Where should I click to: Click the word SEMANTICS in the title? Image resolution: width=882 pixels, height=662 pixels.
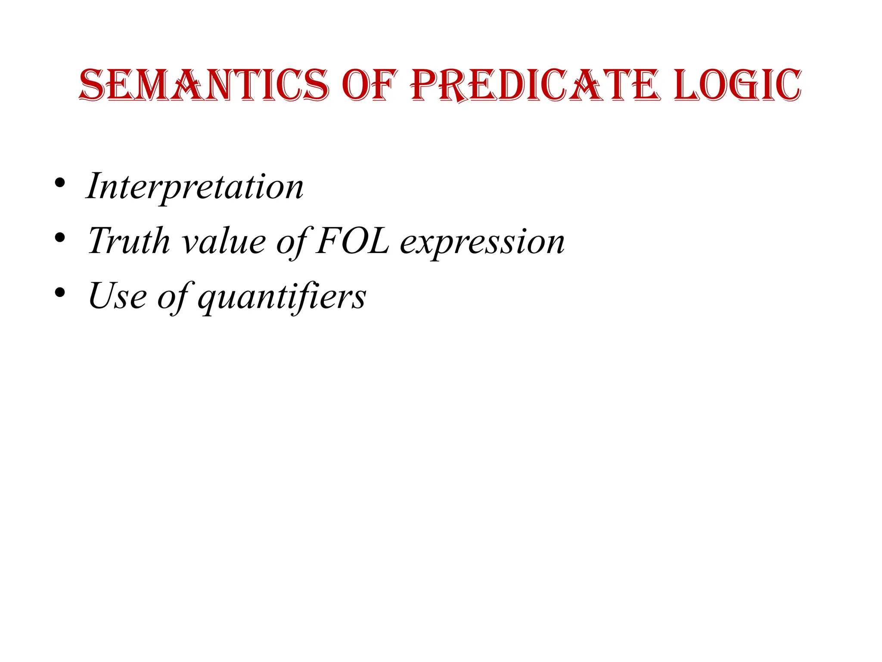tap(204, 85)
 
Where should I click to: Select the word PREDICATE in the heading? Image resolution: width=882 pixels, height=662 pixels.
tap(535, 85)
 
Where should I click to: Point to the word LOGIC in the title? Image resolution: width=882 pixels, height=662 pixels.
tap(737, 85)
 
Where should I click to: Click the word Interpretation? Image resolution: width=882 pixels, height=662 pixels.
tap(195, 186)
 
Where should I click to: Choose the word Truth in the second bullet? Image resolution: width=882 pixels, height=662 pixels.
tap(129, 241)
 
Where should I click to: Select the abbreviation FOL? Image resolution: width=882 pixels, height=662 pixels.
tap(352, 241)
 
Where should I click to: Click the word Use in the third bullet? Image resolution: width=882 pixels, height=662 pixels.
tap(117, 296)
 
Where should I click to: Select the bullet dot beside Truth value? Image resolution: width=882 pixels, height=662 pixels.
tap(60, 237)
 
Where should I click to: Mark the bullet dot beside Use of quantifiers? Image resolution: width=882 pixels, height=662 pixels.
tap(60, 293)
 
